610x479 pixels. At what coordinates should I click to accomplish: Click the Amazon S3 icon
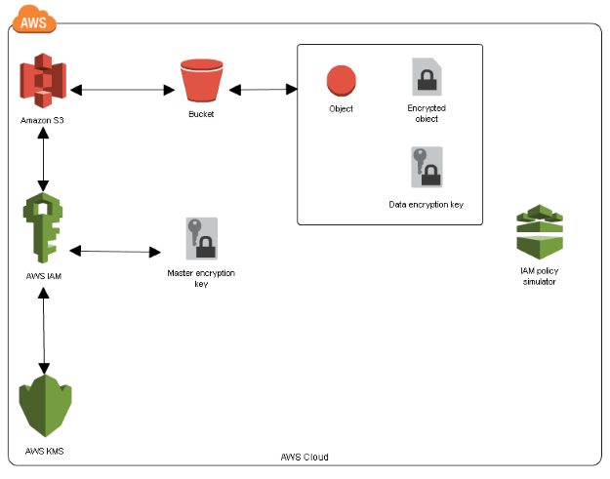42,82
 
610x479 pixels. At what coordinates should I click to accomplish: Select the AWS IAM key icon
43,229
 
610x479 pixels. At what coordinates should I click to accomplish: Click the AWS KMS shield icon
46,404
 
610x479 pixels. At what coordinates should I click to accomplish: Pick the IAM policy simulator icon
539,233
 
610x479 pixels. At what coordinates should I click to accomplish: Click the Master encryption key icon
201,239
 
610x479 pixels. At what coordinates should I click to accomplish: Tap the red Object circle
341,80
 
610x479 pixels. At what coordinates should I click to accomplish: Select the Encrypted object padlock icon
427,76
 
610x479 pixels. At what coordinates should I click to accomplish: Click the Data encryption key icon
427,168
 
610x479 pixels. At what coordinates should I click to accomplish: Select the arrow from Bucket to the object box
263,90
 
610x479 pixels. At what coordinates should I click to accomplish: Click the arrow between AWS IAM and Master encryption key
114,252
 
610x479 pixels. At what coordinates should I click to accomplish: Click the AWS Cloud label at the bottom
305,458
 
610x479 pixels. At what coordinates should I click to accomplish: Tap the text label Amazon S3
42,121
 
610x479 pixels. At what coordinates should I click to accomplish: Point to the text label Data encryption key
427,205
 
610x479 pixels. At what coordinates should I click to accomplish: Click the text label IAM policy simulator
539,275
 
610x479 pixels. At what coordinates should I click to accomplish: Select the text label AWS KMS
45,452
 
